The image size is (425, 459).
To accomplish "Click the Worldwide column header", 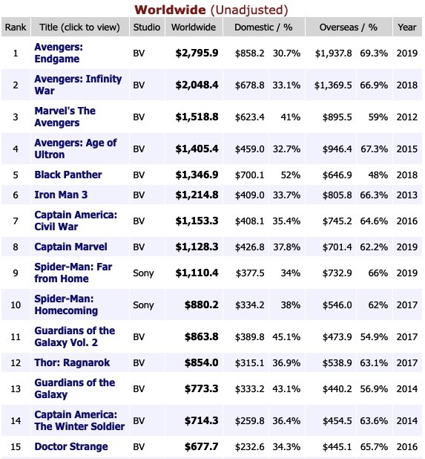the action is point(194,27).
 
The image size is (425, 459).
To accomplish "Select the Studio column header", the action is point(147,27).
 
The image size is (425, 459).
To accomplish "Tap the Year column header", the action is point(407,27).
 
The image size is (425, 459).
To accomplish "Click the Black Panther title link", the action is point(68,175).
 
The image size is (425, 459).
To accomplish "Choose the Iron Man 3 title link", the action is point(61,195).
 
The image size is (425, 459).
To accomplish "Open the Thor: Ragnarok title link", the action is point(72,362).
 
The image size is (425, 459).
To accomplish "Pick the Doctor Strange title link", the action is point(71,446).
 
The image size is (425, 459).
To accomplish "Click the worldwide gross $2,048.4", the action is point(197,85).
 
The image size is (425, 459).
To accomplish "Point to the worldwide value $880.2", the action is point(202,305).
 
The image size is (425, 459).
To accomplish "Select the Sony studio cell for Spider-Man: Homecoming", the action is point(143,305).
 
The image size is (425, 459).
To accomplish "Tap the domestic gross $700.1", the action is point(250,175).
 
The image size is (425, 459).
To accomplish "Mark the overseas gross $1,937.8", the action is point(333,53).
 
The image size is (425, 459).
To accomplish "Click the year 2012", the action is point(407,117).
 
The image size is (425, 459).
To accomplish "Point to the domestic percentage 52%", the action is point(291,175).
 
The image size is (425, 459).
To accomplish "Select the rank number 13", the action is point(16,389).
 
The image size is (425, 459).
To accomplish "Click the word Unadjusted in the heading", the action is point(249,10).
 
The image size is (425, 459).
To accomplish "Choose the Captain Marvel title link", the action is point(70,247).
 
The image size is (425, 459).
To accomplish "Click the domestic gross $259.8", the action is point(250,421).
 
